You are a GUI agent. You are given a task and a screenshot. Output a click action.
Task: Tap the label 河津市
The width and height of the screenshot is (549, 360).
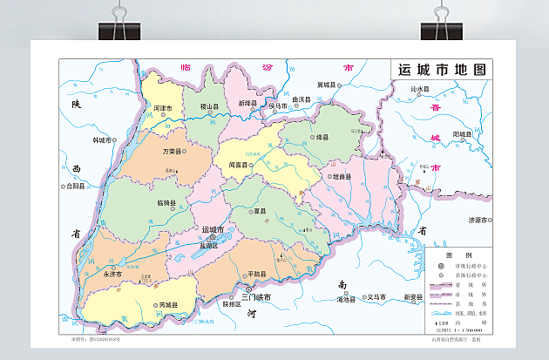pos(162,108)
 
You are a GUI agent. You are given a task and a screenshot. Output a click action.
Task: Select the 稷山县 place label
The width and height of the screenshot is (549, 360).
pos(209,105)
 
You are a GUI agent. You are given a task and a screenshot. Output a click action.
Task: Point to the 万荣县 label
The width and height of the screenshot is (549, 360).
pos(173,151)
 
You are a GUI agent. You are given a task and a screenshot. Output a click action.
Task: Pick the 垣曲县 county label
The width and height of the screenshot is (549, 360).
pos(340,177)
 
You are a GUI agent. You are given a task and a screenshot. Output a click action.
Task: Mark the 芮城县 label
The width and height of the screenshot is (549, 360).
pos(168,305)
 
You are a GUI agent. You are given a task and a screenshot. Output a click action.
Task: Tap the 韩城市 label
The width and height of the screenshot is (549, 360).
pos(103,139)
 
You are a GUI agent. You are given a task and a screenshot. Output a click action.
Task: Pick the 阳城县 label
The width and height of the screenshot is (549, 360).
pos(462,134)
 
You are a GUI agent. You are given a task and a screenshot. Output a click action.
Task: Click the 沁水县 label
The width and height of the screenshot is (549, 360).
pos(422,89)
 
